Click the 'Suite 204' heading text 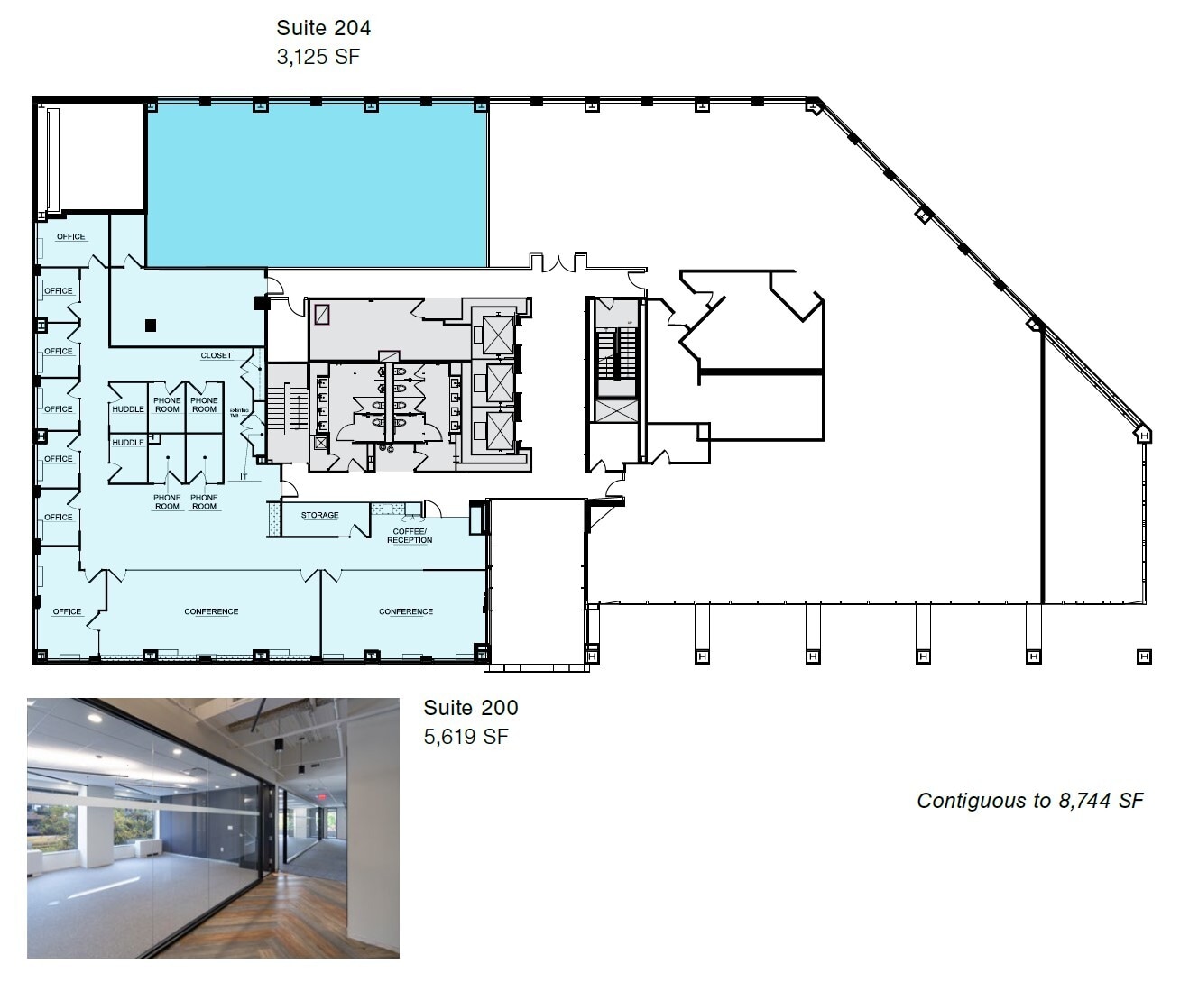(x=323, y=28)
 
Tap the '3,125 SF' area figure (x=318, y=57)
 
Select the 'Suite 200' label (x=471, y=708)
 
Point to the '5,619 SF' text (x=466, y=737)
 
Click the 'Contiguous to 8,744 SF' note (x=1030, y=801)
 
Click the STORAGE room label (x=319, y=515)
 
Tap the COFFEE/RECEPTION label (x=410, y=536)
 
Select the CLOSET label (x=216, y=355)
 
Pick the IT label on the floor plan (x=243, y=476)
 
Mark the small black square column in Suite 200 (x=151, y=325)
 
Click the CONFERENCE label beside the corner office (x=211, y=611)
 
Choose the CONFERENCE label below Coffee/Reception (x=405, y=611)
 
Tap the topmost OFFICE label (x=70, y=236)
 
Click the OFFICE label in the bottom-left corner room (x=67, y=611)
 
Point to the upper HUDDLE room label (x=127, y=409)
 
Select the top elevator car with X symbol (x=498, y=335)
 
